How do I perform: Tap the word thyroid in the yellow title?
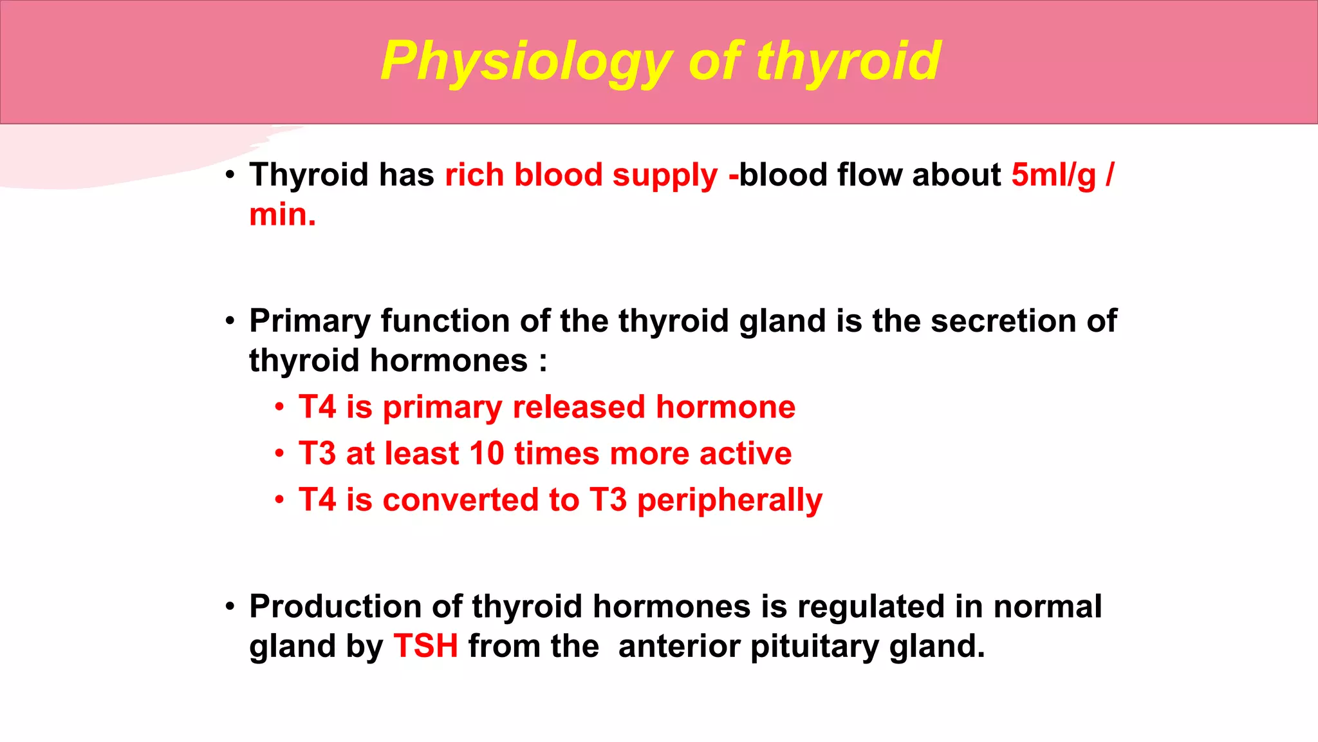point(848,61)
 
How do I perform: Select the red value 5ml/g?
point(1053,175)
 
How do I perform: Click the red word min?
point(282,214)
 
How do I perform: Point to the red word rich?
point(474,175)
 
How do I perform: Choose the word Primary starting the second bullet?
point(310,321)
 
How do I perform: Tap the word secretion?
point(1003,321)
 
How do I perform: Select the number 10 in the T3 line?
point(487,453)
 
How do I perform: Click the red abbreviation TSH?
point(425,646)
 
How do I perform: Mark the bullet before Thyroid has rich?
point(230,176)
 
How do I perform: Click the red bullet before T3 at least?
point(279,454)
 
